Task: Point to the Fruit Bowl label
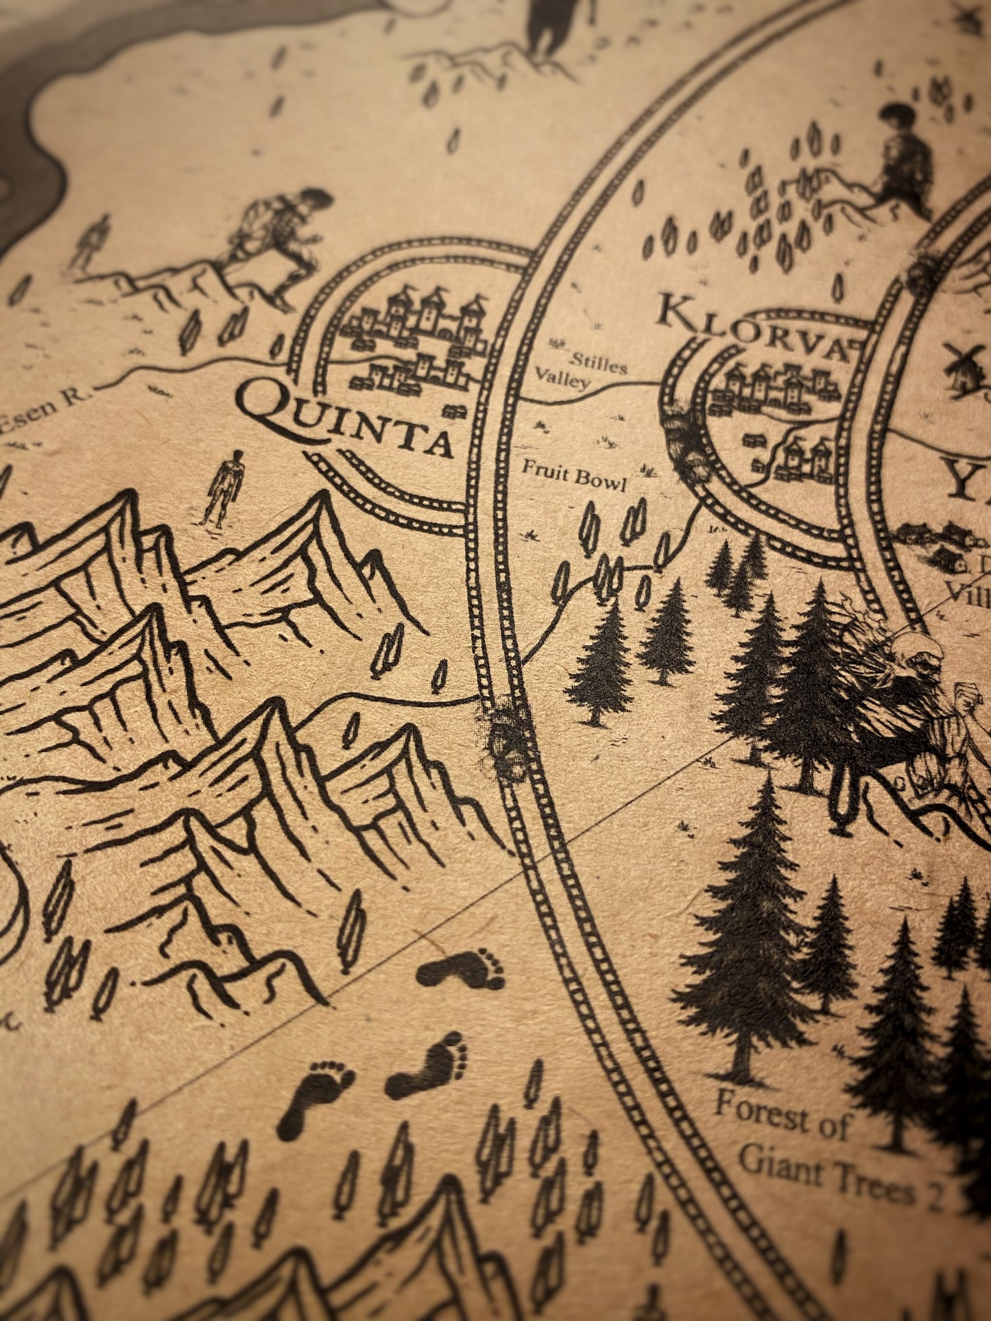pyautogui.click(x=574, y=476)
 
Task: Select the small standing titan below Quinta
pyautogui.click(x=223, y=488)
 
